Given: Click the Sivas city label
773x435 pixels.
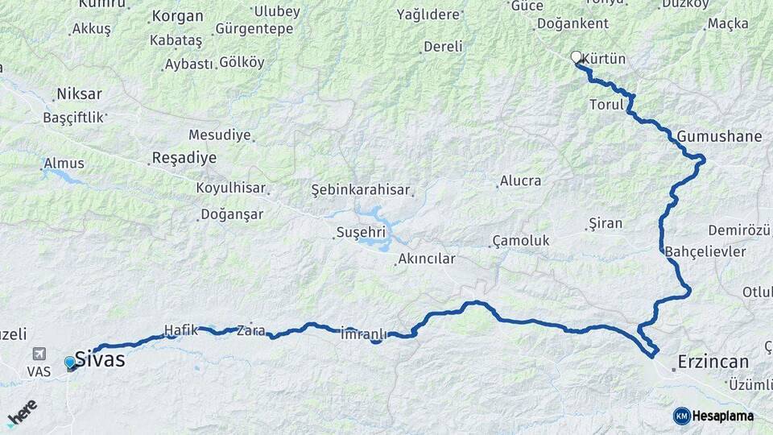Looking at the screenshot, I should (x=101, y=359).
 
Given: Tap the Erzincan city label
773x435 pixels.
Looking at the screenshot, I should (x=713, y=362).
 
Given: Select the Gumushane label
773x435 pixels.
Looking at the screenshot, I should (x=719, y=136).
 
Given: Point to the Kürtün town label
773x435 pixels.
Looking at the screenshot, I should (x=603, y=60).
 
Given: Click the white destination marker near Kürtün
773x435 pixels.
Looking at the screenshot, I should (x=576, y=57).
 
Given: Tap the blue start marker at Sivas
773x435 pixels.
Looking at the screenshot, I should (x=70, y=363).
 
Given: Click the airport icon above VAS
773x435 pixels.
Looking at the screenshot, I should (x=39, y=354).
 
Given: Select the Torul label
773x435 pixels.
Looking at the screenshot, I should (x=607, y=105).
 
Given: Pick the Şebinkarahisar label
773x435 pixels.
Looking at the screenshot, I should (x=361, y=190).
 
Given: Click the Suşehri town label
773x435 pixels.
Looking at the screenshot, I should (x=362, y=232).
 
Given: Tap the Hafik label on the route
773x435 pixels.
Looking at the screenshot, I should (x=181, y=329).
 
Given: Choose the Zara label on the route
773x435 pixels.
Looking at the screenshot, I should (x=251, y=330).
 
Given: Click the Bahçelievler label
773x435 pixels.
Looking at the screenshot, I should (x=706, y=251).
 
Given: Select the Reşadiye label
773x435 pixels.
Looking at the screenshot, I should (x=184, y=158).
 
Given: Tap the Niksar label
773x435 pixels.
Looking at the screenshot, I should (x=78, y=93).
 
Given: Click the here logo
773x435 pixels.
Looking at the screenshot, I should (x=22, y=412).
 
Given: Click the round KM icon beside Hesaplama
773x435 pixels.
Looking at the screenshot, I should (x=682, y=416).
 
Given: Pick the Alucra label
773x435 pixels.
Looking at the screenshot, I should (x=521, y=180).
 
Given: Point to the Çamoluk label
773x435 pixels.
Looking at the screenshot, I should (x=521, y=241).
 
